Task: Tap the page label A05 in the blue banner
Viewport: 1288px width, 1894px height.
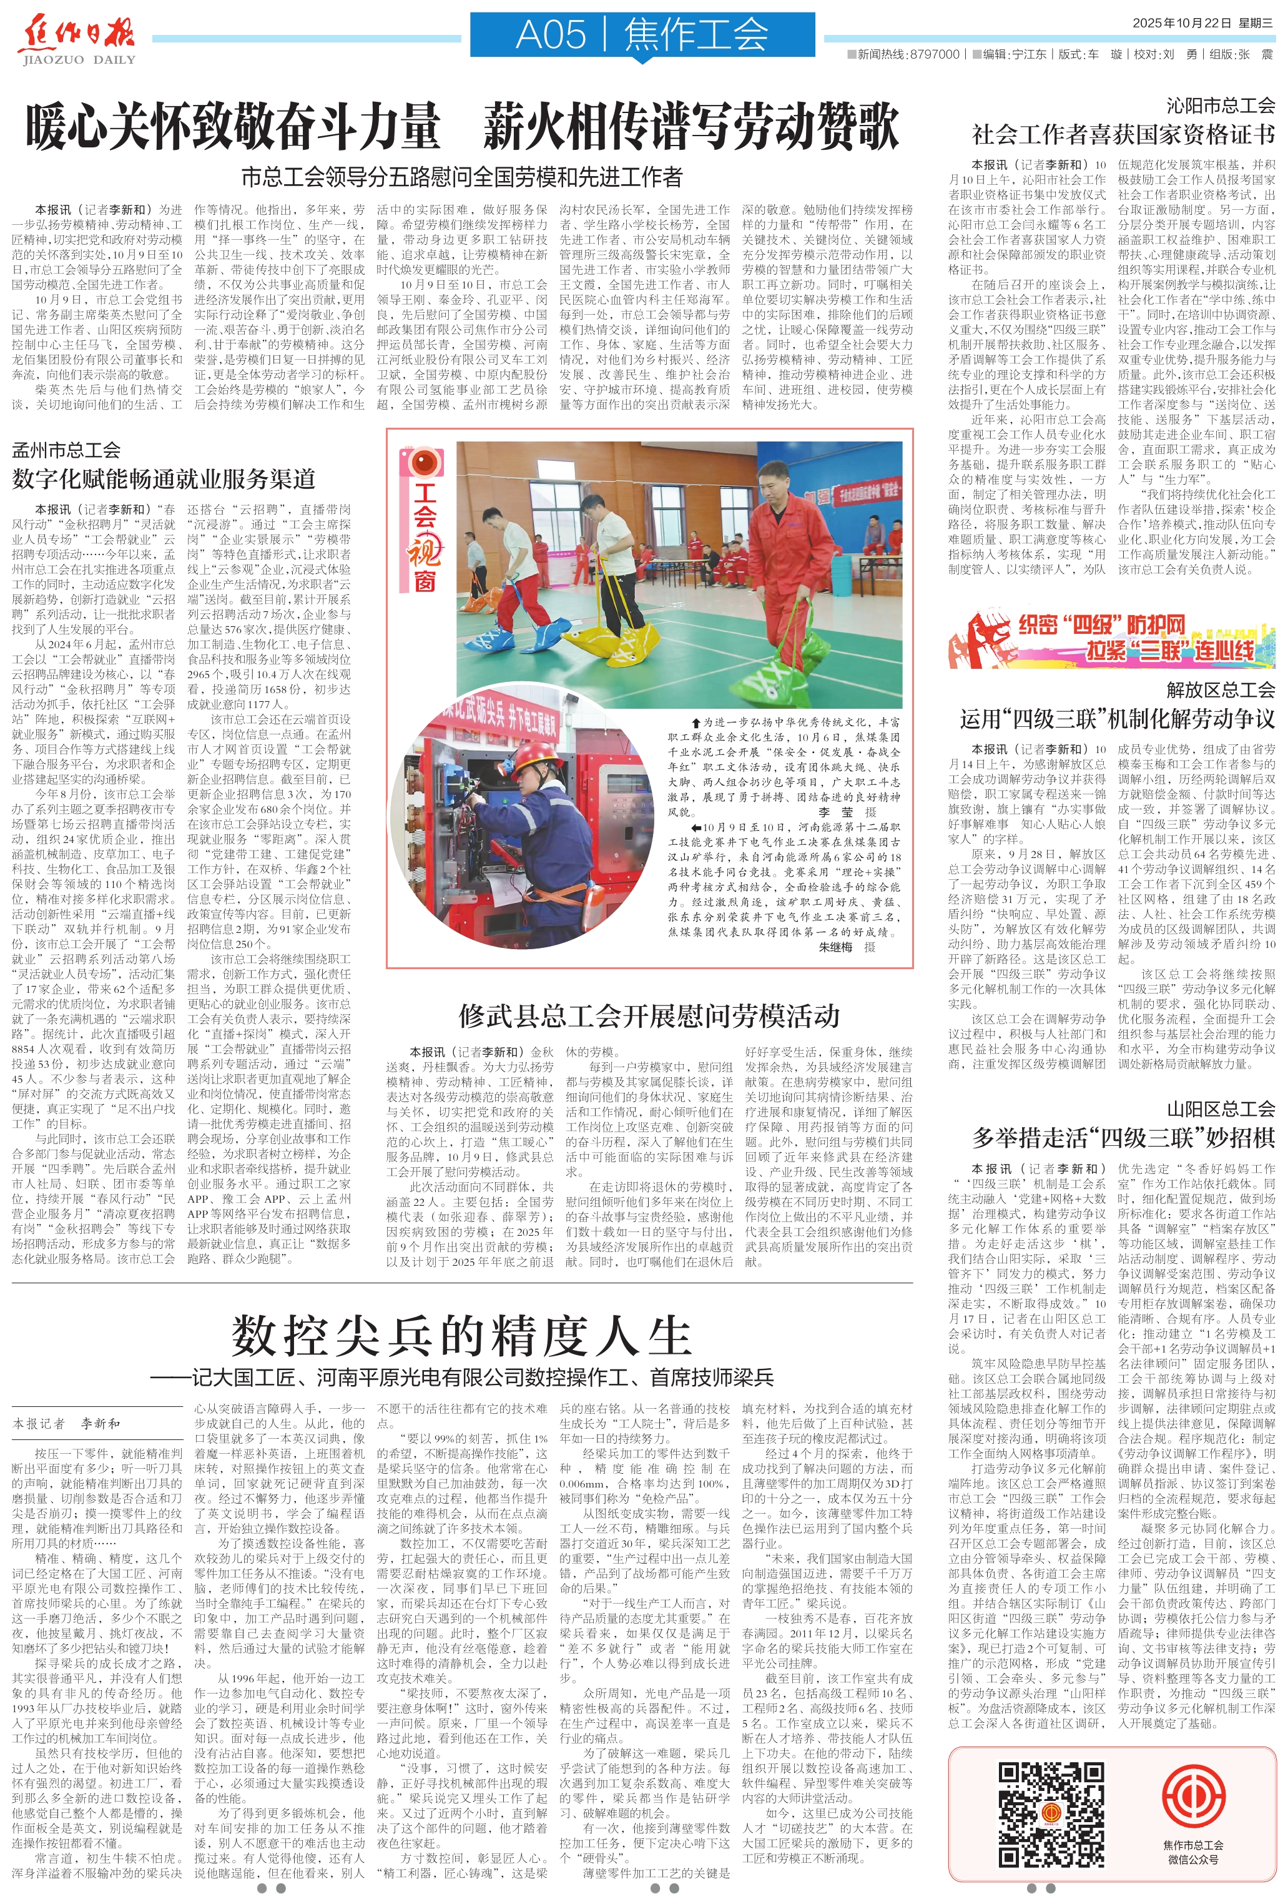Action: point(551,35)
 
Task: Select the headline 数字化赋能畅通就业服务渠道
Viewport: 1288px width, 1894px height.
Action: point(163,478)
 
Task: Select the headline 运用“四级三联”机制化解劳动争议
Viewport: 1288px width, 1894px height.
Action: point(1117,719)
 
